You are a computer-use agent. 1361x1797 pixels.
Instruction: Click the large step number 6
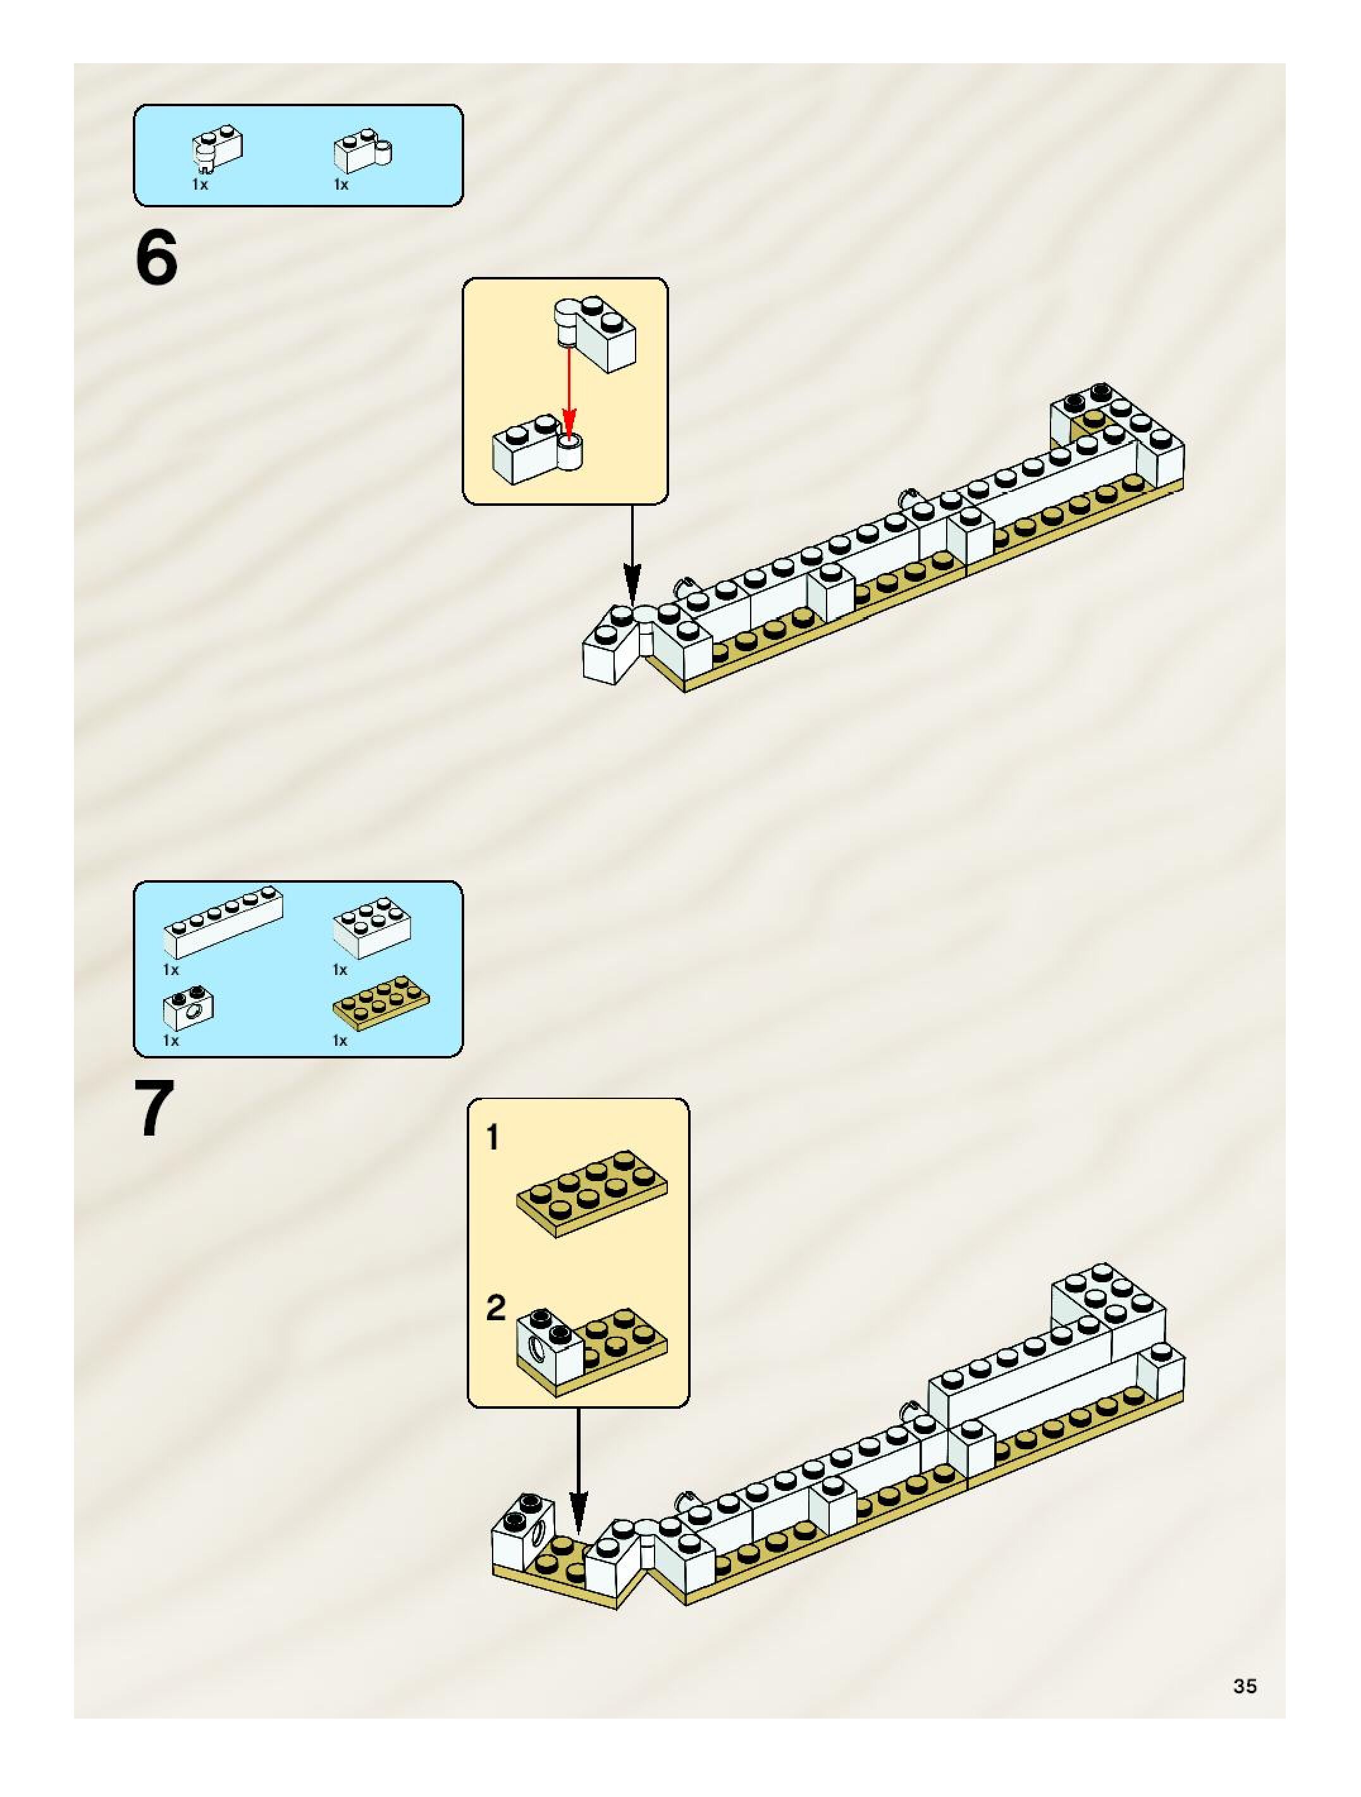[157, 259]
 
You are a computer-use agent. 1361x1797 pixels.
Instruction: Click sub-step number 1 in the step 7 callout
[493, 1138]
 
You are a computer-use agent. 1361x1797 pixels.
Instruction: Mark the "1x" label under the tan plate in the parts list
[340, 1041]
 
